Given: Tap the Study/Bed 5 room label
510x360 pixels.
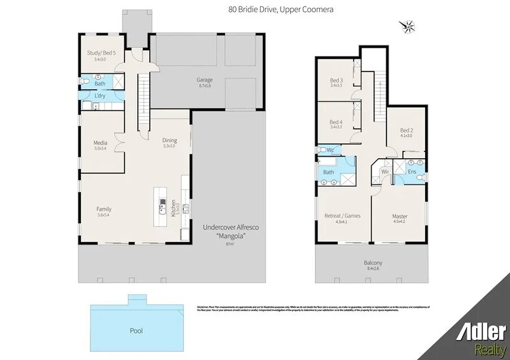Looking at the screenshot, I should (x=101, y=53).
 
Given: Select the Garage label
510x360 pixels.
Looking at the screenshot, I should (x=204, y=80).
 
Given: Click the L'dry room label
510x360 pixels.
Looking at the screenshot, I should (x=100, y=96).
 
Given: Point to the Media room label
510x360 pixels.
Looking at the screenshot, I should (x=101, y=143).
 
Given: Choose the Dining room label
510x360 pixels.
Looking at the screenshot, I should (x=169, y=140).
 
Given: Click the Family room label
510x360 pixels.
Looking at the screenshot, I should (x=104, y=209).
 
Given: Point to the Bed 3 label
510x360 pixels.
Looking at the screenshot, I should (x=336, y=80).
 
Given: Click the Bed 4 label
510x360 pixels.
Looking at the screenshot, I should (x=336, y=122).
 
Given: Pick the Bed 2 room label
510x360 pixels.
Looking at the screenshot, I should (x=406, y=131).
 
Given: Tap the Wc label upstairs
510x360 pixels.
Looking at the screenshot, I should (x=330, y=150).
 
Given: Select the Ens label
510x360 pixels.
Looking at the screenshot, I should (x=412, y=171).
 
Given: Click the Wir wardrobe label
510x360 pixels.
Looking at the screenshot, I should (x=385, y=171).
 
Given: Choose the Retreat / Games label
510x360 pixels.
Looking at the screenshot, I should (x=342, y=215).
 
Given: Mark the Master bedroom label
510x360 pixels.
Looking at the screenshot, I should (x=400, y=217).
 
